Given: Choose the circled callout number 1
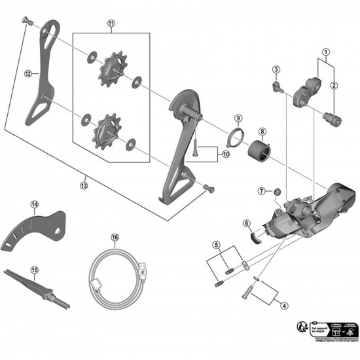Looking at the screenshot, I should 325,52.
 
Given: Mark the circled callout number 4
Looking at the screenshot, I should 284,305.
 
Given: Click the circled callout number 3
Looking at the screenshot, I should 277,70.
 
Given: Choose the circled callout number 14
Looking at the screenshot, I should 33,205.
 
